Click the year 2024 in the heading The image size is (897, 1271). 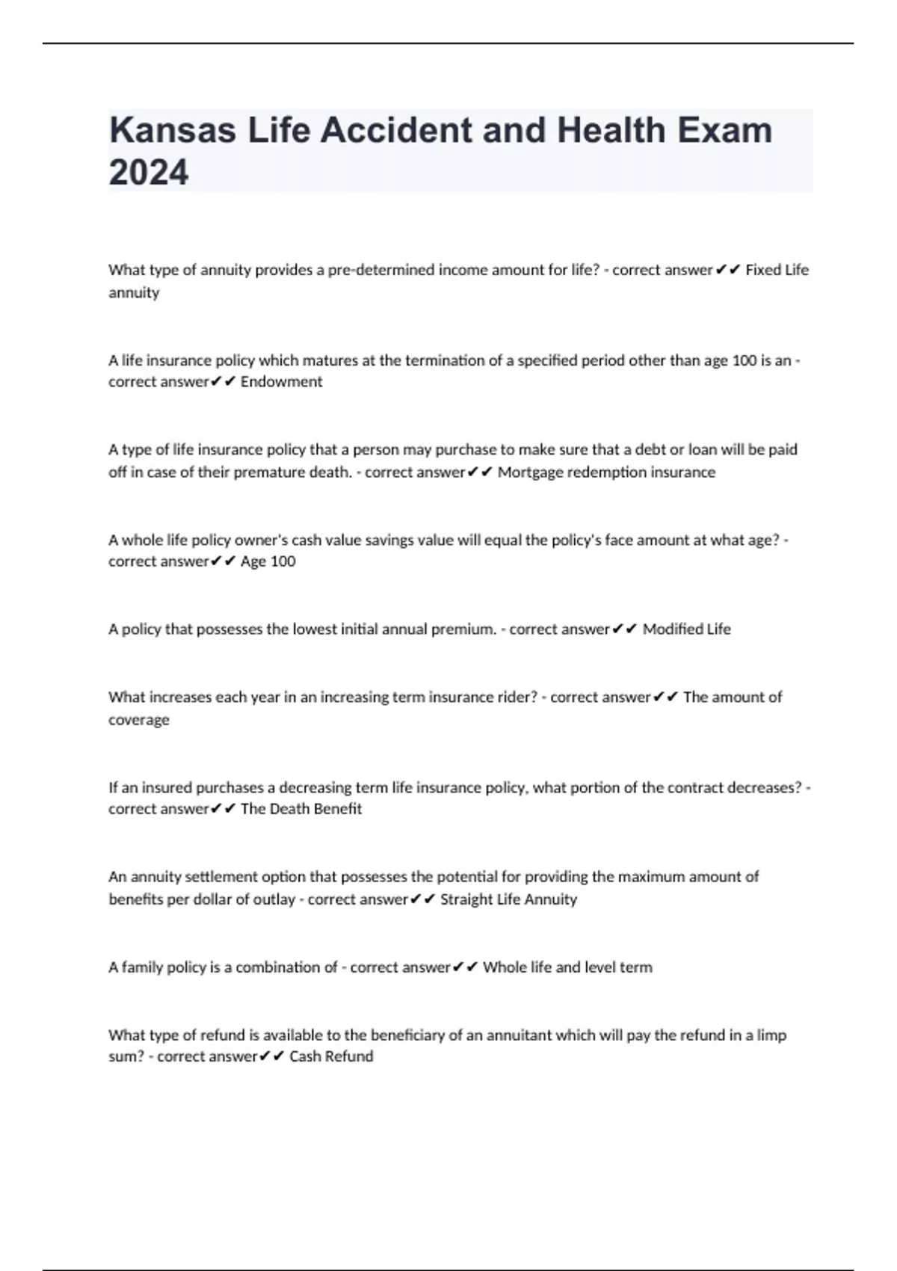[149, 172]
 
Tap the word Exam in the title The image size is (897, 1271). [725, 130]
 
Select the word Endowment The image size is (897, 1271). [281, 381]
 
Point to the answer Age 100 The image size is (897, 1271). [268, 561]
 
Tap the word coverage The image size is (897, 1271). [139, 719]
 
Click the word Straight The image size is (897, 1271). [466, 899]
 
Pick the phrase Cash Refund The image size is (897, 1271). [331, 1056]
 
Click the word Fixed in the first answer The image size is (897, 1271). [762, 270]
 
